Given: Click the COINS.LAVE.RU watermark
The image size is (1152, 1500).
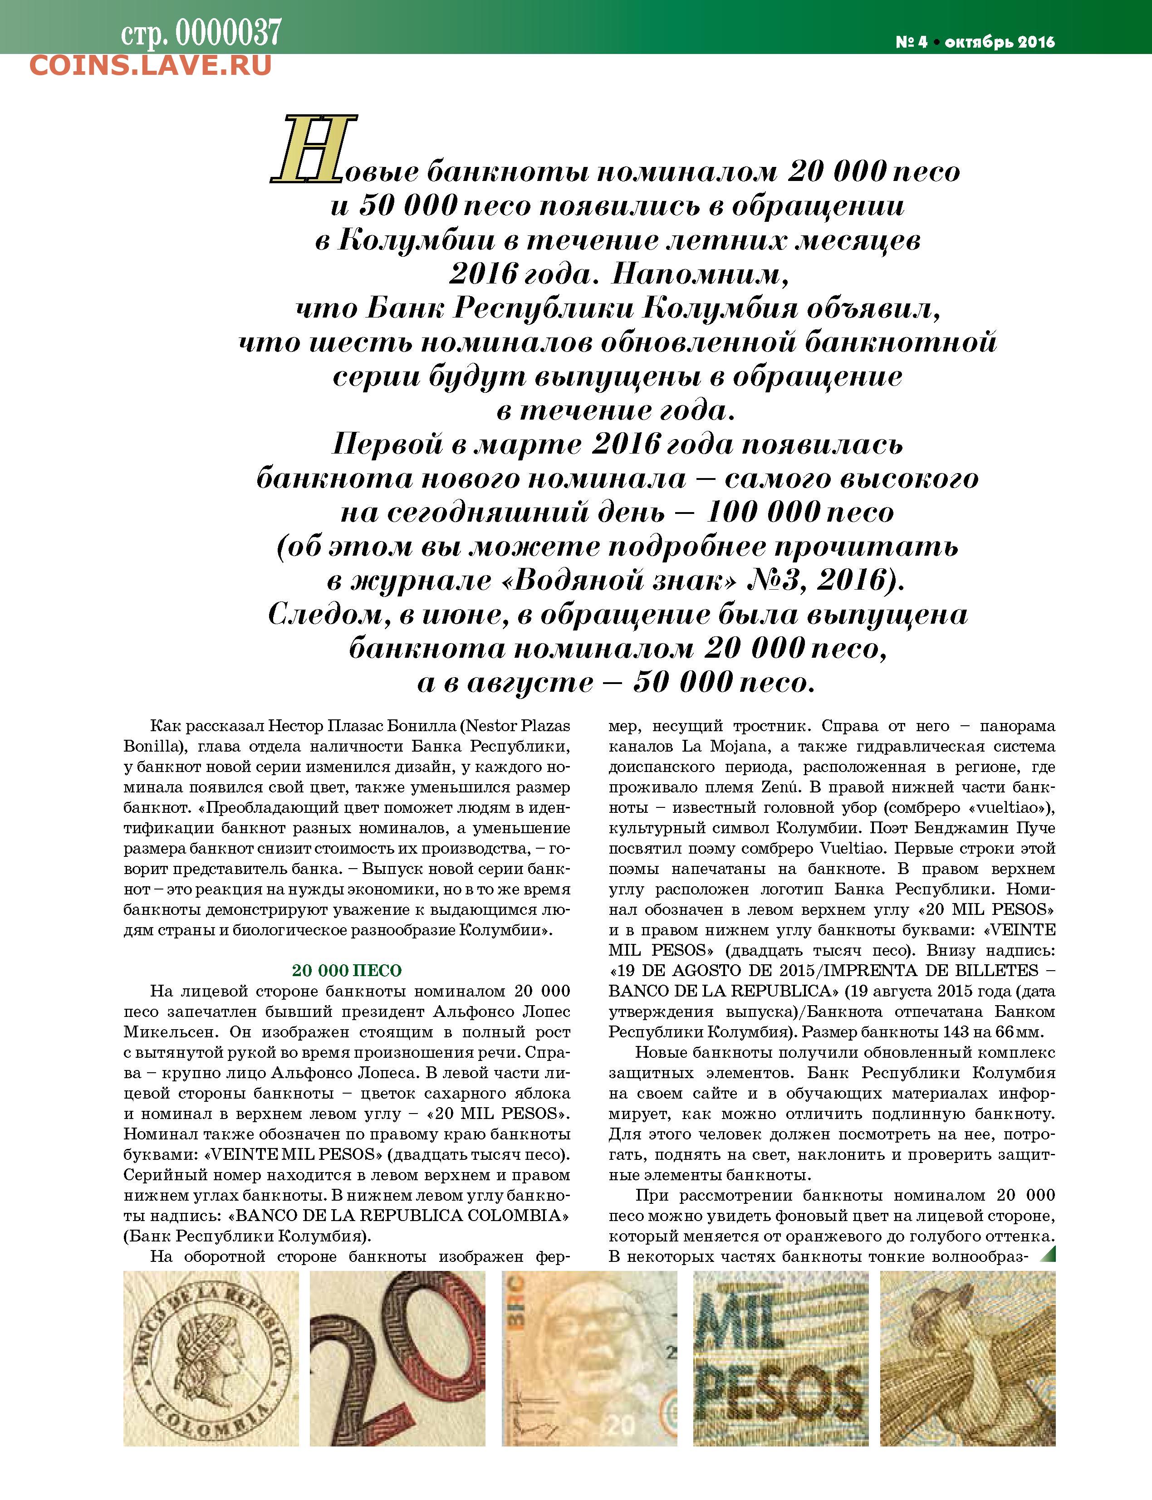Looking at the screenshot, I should pyautogui.click(x=151, y=65).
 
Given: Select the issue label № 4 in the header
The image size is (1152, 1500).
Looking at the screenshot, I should pyautogui.click(x=912, y=42).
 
